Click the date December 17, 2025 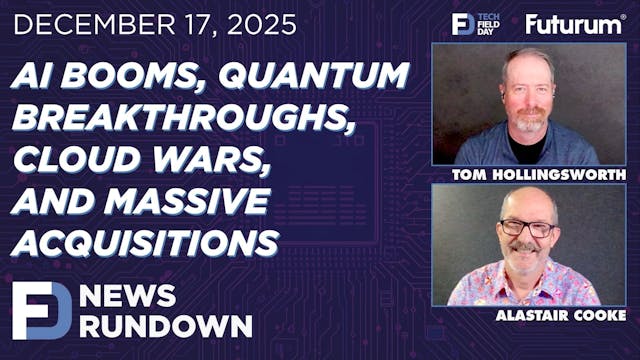coord(155,24)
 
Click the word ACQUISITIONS coord(146,241)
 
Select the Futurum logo coord(575,24)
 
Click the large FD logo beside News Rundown coord(41,310)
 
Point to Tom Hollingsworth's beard coord(531,117)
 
